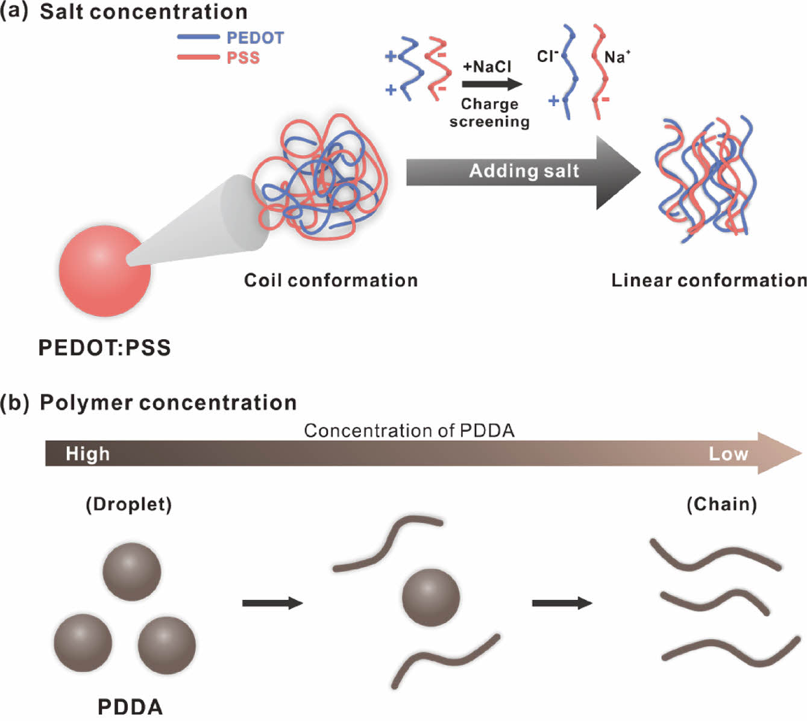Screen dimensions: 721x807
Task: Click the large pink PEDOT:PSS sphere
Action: point(104,270)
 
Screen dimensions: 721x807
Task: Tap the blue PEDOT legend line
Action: point(198,37)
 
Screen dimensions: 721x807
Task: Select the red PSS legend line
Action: point(198,57)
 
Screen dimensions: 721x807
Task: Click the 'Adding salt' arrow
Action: point(523,172)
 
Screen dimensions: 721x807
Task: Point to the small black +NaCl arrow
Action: point(491,84)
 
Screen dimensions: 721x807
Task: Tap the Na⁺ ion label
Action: point(617,57)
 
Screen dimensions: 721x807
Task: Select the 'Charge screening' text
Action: point(489,113)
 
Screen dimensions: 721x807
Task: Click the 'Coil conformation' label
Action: point(330,280)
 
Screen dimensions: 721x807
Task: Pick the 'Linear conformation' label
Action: point(709,280)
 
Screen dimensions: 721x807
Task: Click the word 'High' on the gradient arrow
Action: point(87,454)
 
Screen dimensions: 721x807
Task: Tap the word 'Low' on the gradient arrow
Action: point(728,454)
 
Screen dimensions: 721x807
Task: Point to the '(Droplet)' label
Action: point(128,504)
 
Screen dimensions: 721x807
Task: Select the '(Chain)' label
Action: point(721,504)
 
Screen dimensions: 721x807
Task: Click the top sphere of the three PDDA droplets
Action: point(131,572)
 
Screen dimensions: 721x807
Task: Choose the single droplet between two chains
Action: point(431,598)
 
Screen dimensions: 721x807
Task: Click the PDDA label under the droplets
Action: point(130,707)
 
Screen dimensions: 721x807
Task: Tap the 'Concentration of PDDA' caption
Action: point(409,431)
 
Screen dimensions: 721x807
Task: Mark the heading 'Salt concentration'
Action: point(143,11)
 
